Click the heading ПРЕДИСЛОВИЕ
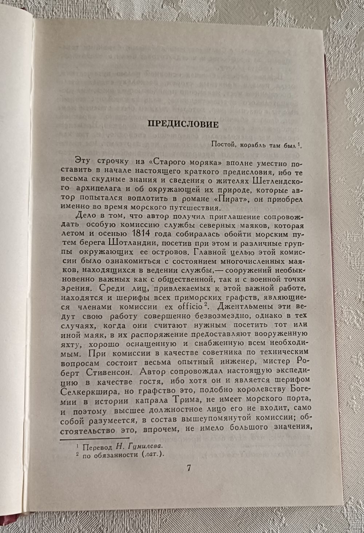(182, 125)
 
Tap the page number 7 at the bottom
(189, 468)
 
